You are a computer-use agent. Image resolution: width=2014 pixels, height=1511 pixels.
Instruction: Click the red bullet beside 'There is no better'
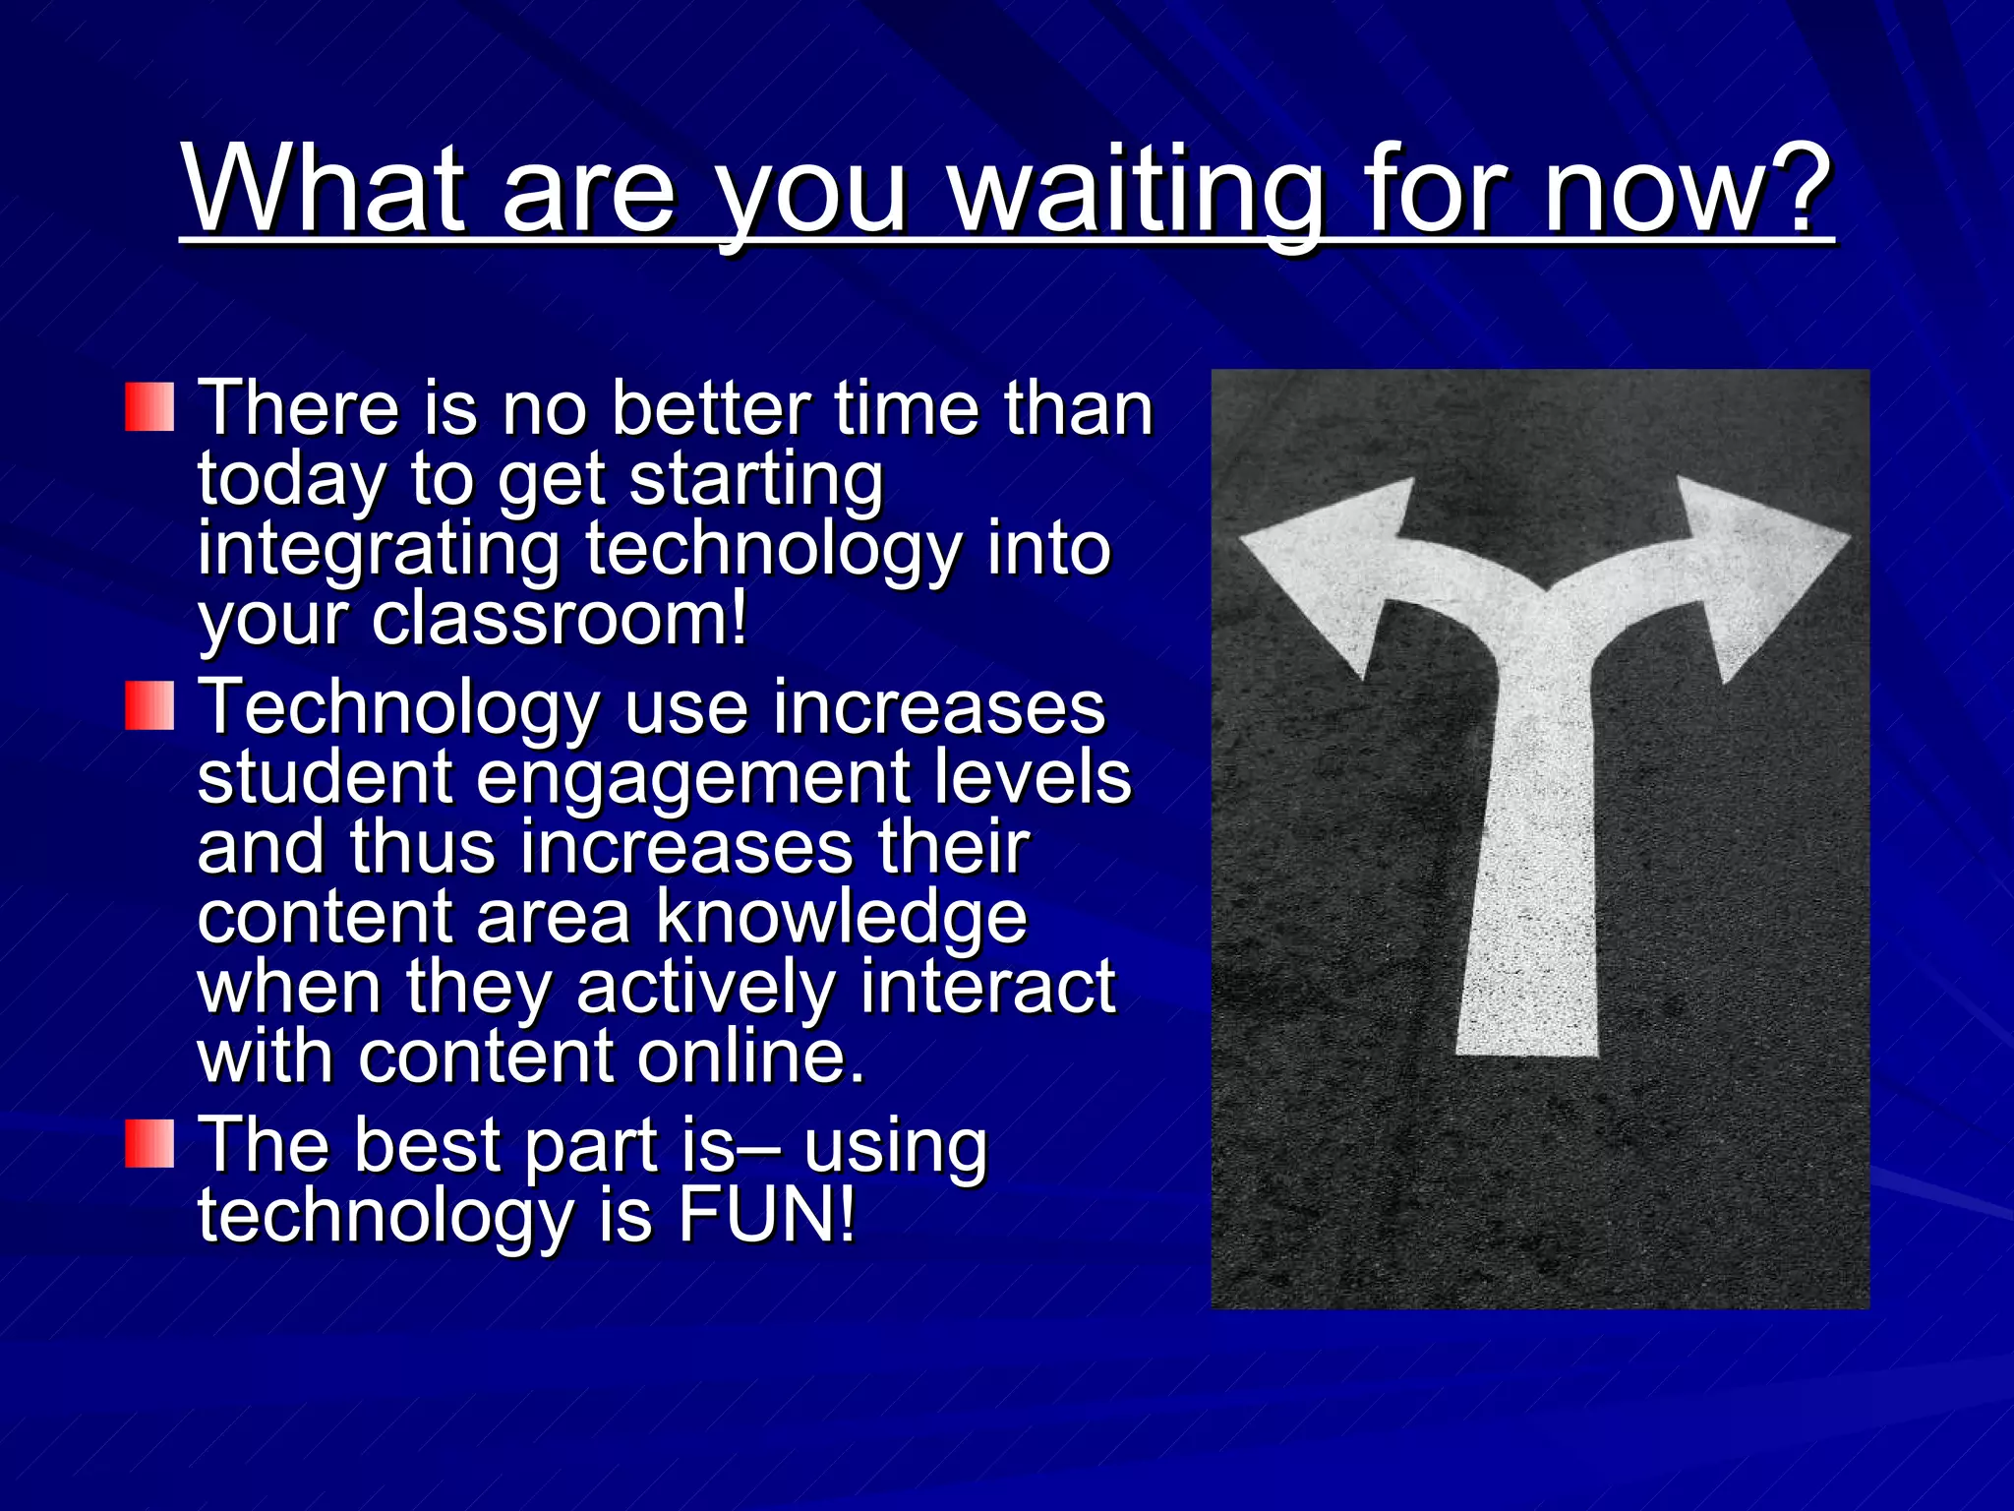(x=149, y=407)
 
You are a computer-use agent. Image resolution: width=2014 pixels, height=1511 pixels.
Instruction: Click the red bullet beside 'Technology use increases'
(x=149, y=705)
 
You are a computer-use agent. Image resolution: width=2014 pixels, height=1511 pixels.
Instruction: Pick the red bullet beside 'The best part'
(x=149, y=1143)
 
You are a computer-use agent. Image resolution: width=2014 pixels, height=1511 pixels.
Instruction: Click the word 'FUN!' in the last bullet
(x=767, y=1216)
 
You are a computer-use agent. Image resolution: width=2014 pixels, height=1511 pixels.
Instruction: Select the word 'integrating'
(x=379, y=551)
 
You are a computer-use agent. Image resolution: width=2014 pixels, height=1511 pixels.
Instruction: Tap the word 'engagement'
(x=693, y=777)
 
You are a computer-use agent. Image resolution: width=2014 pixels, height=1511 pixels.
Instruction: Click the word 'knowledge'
(x=841, y=917)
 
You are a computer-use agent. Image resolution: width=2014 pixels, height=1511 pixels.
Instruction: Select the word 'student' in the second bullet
(x=325, y=777)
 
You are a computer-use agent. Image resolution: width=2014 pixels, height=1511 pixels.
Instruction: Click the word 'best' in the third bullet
(x=427, y=1145)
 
